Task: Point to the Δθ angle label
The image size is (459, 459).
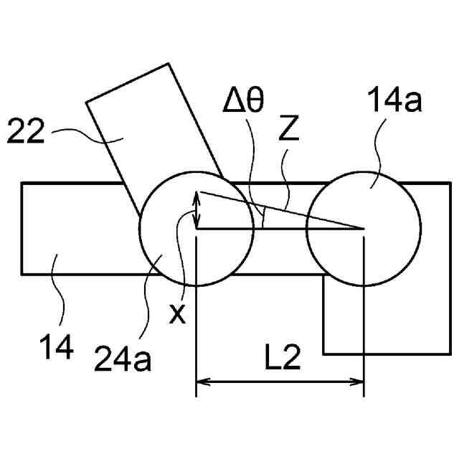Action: click(243, 104)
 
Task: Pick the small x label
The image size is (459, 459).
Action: click(176, 312)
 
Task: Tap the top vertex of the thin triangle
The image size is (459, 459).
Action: click(198, 191)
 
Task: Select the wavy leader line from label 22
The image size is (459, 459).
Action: click(86, 133)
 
